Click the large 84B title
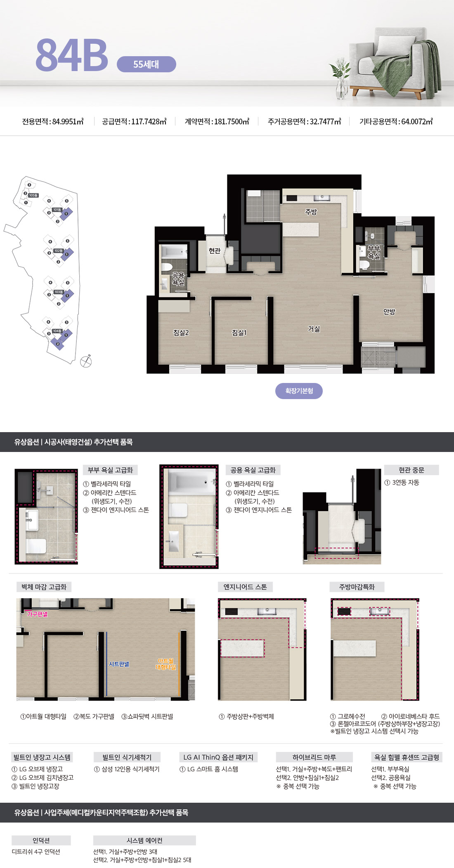[x=72, y=55]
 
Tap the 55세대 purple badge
[x=146, y=64]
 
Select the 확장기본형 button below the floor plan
[x=299, y=391]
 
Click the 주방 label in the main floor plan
[x=311, y=212]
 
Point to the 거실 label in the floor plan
[x=314, y=329]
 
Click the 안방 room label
[x=389, y=312]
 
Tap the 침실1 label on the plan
[x=239, y=333]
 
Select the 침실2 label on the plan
[x=181, y=333]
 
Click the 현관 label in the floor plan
[x=215, y=251]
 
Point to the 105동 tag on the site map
[x=33, y=195]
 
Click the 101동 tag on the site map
[x=57, y=210]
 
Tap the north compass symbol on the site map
[x=86, y=361]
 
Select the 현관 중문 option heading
[x=411, y=470]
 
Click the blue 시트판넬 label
[x=119, y=664]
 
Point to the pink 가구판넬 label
[x=37, y=614]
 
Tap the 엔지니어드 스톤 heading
[x=245, y=587]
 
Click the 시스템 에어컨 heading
[x=144, y=840]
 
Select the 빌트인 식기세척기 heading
[x=127, y=757]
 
